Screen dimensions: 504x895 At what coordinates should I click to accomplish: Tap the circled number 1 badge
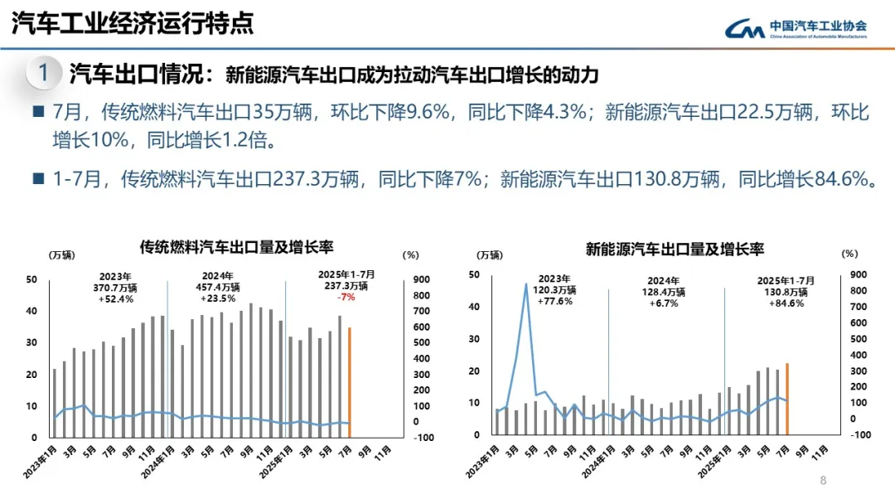[43, 73]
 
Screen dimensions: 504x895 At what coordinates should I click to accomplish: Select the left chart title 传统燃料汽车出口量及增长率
[236, 246]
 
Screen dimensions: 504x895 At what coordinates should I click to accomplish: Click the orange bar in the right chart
[786, 398]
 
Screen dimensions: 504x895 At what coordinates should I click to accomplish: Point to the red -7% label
[346, 297]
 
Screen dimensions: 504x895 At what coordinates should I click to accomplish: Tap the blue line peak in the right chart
[526, 285]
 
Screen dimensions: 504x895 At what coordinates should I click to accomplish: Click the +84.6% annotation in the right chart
[786, 303]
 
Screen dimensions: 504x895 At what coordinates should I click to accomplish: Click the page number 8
[823, 481]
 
